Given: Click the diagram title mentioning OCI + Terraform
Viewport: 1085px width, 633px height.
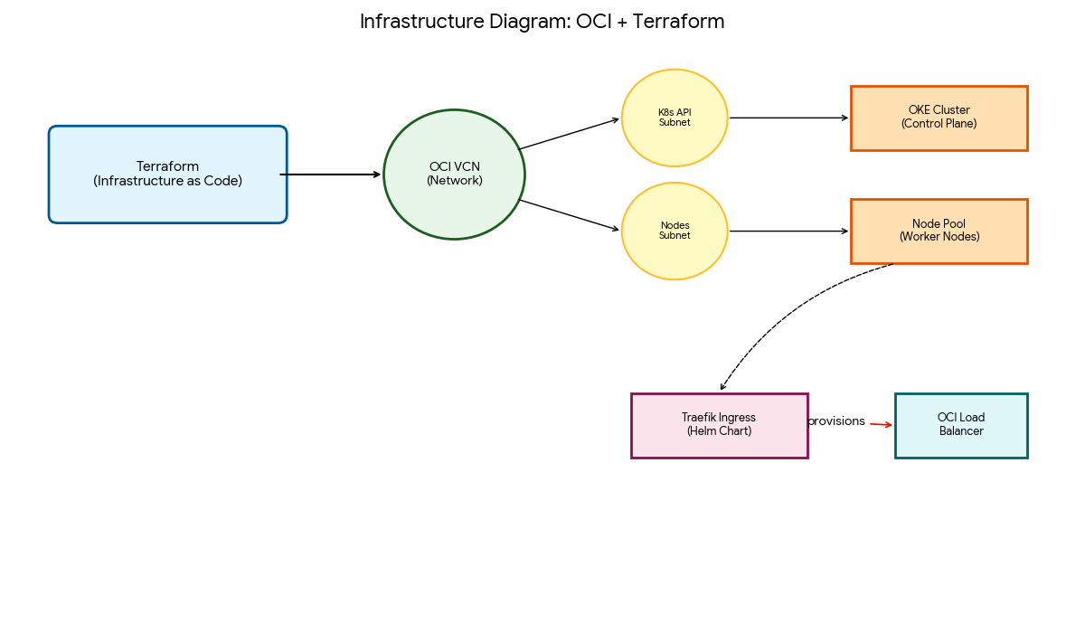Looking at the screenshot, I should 542,22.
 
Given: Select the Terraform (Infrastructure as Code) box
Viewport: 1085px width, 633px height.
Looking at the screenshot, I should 167,175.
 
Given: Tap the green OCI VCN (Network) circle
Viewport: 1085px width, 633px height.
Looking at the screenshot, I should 454,175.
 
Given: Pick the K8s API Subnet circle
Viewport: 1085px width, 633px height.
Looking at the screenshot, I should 675,118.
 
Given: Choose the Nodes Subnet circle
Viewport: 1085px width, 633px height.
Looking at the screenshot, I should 675,231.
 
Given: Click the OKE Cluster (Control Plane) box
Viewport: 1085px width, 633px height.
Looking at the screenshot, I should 939,118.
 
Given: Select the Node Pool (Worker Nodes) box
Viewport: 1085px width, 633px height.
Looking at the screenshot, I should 939,231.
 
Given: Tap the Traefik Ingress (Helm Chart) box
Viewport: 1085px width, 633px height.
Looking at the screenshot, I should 719,425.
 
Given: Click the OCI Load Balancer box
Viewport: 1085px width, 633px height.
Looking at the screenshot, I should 960,425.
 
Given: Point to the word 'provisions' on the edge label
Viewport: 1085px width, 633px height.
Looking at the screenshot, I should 836,421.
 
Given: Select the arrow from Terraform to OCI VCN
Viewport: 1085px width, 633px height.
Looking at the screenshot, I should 331,175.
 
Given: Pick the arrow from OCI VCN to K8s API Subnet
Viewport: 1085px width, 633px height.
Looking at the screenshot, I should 570,134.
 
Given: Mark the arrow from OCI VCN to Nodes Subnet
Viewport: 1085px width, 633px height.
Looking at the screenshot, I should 570,215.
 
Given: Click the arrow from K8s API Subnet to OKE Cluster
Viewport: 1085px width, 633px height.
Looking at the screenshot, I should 788,118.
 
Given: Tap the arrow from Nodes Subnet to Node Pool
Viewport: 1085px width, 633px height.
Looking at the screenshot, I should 788,231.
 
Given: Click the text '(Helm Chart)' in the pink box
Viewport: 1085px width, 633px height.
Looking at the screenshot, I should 719,431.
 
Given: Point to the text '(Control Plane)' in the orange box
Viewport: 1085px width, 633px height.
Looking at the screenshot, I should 939,124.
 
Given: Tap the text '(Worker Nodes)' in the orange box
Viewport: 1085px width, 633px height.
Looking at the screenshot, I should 939,237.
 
